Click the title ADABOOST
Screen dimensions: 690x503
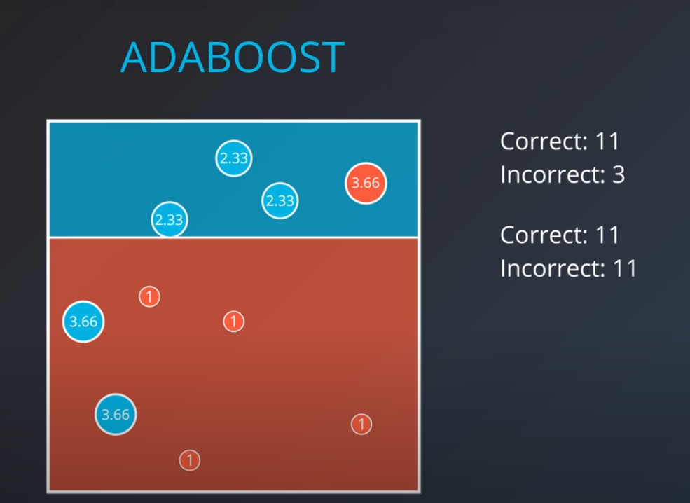coord(232,57)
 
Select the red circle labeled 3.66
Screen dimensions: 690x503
coord(366,184)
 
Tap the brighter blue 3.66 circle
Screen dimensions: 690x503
coord(83,322)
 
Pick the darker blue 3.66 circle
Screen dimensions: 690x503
coord(116,414)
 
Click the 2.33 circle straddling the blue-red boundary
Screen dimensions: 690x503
coord(170,220)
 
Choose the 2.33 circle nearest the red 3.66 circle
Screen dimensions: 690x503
coord(280,201)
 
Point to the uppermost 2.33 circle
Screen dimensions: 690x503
coord(233,158)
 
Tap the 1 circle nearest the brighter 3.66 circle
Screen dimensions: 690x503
coord(149,296)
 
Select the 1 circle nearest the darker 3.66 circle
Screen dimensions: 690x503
coord(190,460)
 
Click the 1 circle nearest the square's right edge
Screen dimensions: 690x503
coord(361,424)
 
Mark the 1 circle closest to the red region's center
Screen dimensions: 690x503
coord(233,322)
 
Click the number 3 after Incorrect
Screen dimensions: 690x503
coord(618,174)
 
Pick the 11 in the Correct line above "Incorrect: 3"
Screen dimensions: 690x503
coord(607,142)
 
